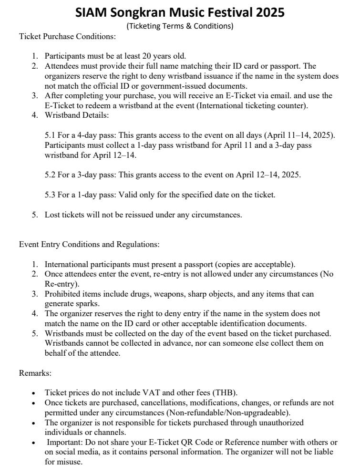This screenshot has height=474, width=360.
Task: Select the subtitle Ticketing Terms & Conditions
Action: [x=180, y=26]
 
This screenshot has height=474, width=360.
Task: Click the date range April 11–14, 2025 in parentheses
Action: [x=298, y=135]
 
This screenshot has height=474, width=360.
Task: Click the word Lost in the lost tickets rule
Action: [x=52, y=215]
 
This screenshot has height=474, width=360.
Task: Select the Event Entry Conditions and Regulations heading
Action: [x=89, y=244]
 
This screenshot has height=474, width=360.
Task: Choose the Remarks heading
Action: [x=35, y=372]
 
